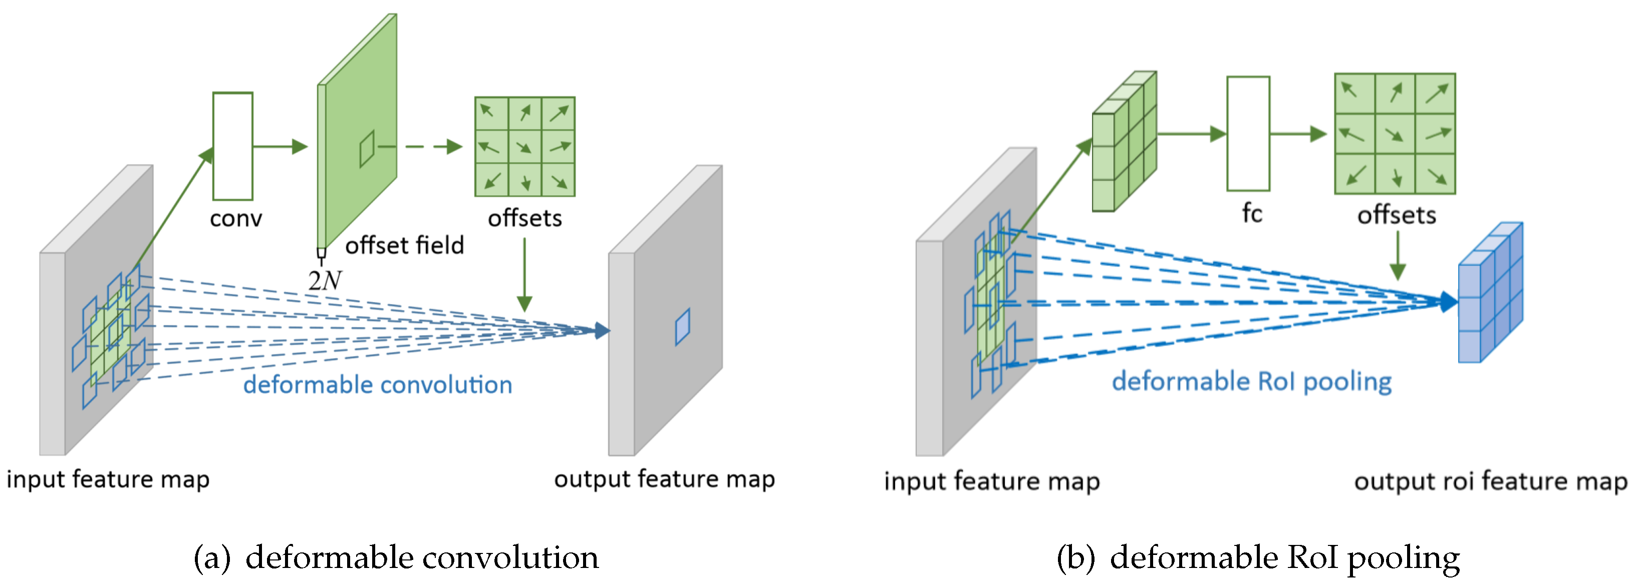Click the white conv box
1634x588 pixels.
[x=233, y=146]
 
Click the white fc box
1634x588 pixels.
[x=1248, y=133]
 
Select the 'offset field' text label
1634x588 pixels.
[x=404, y=245]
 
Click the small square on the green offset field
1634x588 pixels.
[x=367, y=149]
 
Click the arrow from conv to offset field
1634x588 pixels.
[x=279, y=147]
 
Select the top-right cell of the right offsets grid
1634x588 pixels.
[x=1436, y=94]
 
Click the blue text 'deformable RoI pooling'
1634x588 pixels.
[x=1251, y=381]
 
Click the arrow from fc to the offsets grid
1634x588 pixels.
[x=1298, y=134]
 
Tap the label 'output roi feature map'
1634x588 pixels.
[x=1490, y=481]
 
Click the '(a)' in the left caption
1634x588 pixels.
[x=212, y=557]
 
